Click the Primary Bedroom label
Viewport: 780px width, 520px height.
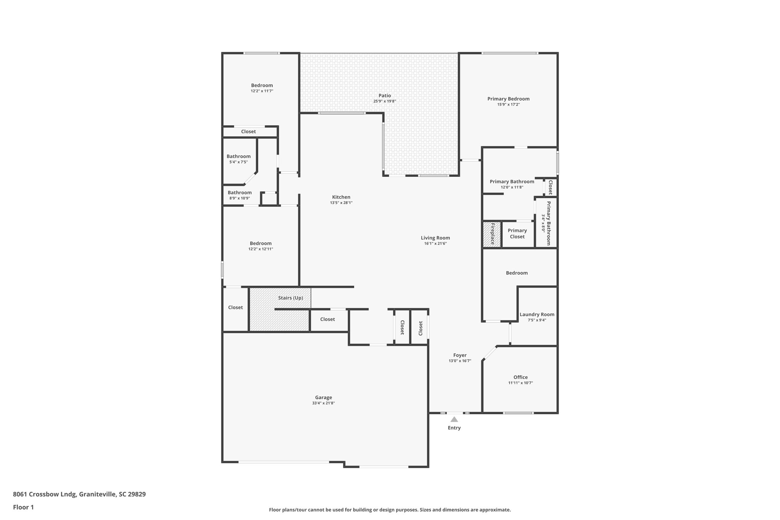click(508, 99)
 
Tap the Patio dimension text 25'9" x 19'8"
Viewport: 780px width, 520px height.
click(384, 101)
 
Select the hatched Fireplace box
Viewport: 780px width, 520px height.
click(492, 234)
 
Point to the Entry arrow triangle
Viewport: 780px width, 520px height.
click(454, 419)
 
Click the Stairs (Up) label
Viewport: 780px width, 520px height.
click(290, 298)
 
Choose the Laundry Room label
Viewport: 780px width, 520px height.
click(537, 314)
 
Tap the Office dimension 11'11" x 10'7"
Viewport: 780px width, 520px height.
click(520, 383)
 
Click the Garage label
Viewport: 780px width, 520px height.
click(323, 397)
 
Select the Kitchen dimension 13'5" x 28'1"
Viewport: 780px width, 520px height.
click(341, 203)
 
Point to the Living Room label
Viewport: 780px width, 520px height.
click(435, 238)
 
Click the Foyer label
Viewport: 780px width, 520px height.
click(460, 355)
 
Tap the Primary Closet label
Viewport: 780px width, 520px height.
click(517, 234)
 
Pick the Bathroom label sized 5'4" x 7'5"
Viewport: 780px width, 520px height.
click(238, 156)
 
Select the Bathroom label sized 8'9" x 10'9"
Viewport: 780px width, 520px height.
click(240, 192)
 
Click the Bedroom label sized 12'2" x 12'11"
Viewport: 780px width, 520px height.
click(261, 243)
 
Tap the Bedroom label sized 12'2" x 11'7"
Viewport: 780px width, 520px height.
click(262, 85)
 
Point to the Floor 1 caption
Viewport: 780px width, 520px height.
click(23, 507)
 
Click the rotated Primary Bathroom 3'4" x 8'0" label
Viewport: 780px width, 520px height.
click(547, 223)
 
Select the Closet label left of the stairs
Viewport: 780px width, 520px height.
click(235, 307)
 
